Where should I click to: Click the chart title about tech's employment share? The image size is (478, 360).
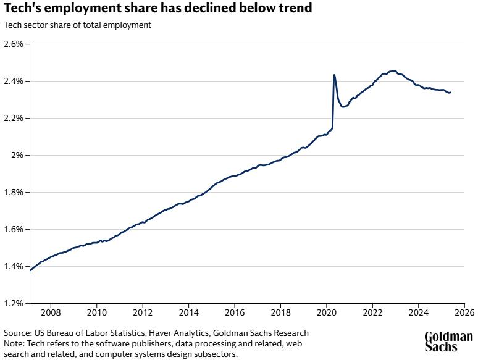(x=157, y=9)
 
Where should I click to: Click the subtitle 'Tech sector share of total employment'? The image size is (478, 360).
(x=77, y=25)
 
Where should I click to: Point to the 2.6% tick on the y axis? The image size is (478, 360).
(x=14, y=44)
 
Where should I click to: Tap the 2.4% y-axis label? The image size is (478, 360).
(x=14, y=82)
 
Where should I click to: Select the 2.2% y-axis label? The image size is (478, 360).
(x=14, y=119)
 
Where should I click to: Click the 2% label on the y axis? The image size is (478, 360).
(x=17, y=156)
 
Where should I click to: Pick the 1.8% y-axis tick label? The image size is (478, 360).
(x=14, y=193)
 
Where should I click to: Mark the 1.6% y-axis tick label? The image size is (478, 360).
(x=14, y=230)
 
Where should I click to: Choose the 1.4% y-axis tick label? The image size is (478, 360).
(x=14, y=267)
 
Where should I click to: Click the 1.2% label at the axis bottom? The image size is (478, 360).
(x=14, y=303)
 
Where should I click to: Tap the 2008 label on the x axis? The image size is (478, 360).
(x=51, y=312)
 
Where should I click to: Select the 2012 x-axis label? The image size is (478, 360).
(x=143, y=312)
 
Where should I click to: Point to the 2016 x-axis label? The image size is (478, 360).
(x=235, y=312)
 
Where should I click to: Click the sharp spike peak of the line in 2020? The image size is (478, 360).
(x=334, y=75)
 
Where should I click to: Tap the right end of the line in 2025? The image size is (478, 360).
(x=450, y=93)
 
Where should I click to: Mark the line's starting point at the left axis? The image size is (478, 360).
(x=30, y=270)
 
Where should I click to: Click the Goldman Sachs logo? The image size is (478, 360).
(x=448, y=341)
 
